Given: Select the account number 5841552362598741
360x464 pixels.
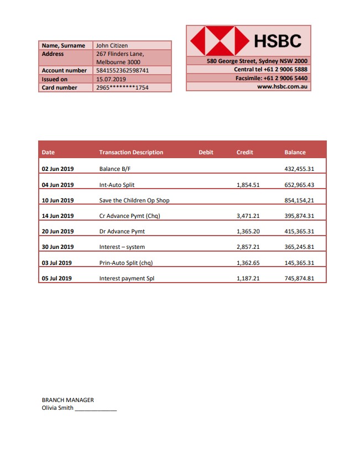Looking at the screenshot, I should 122,71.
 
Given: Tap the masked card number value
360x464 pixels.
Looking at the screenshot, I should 122,87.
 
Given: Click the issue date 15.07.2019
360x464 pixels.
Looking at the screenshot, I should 111,79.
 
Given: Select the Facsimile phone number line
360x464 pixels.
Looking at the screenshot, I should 271,79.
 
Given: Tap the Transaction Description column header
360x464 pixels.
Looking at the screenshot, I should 131,153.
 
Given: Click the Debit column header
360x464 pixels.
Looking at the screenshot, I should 206,153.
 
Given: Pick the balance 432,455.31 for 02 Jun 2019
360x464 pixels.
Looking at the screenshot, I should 299,169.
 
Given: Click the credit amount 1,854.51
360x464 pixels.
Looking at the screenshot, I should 248,185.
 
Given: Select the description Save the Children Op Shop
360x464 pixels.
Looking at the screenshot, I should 134,200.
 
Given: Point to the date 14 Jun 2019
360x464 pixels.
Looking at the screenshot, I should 58,216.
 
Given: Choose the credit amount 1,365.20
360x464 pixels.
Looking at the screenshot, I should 248,232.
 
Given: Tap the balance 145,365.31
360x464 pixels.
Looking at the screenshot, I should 299,263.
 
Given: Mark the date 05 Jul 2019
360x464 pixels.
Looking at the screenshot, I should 57,278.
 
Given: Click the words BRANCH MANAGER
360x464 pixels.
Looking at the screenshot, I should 67,400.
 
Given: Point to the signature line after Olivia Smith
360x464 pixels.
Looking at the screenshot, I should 96,409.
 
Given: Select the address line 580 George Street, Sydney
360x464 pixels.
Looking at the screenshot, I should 257,61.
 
